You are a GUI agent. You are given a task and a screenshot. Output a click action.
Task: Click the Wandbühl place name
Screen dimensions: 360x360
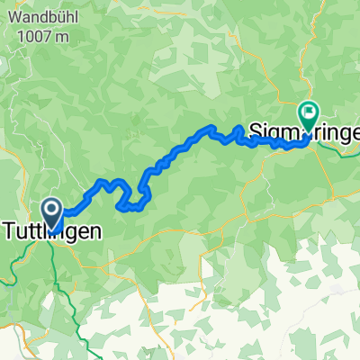tap(46, 16)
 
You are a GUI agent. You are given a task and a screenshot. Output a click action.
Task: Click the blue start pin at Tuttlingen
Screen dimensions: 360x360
tap(52, 214)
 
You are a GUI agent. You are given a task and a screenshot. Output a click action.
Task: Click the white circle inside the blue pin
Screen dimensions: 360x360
tap(52, 211)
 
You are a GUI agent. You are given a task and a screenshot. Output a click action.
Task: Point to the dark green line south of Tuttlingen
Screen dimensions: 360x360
tap(65, 288)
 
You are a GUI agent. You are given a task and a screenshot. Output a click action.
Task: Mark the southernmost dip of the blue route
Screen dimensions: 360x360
tap(131, 208)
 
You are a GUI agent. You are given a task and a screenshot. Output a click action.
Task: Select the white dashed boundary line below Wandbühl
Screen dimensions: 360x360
tap(18, 108)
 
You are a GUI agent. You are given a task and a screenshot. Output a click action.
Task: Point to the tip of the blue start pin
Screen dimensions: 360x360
tap(52, 229)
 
